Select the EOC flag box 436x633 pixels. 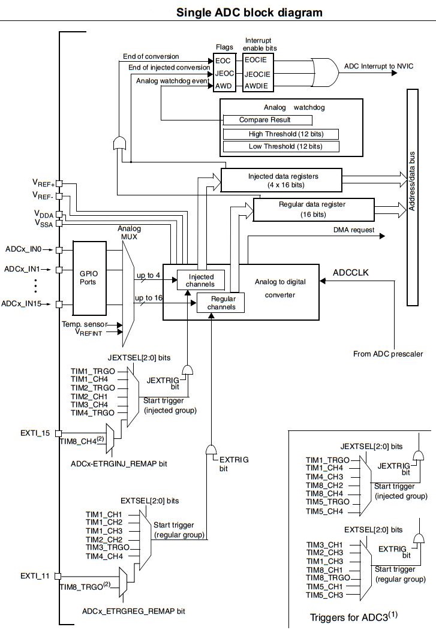pyautogui.click(x=222, y=61)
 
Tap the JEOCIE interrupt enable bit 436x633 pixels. pyautogui.click(x=257, y=74)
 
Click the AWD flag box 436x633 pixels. pyautogui.click(x=222, y=86)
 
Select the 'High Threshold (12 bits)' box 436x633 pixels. pyautogui.click(x=281, y=134)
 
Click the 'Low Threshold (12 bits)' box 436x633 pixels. pyautogui.click(x=281, y=146)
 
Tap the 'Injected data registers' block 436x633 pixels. pyautogui.click(x=281, y=180)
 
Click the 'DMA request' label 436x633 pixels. pyautogui.click(x=354, y=230)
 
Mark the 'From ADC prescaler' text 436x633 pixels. pyautogui.click(x=387, y=354)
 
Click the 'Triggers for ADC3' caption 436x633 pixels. pyautogui.click(x=354, y=617)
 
